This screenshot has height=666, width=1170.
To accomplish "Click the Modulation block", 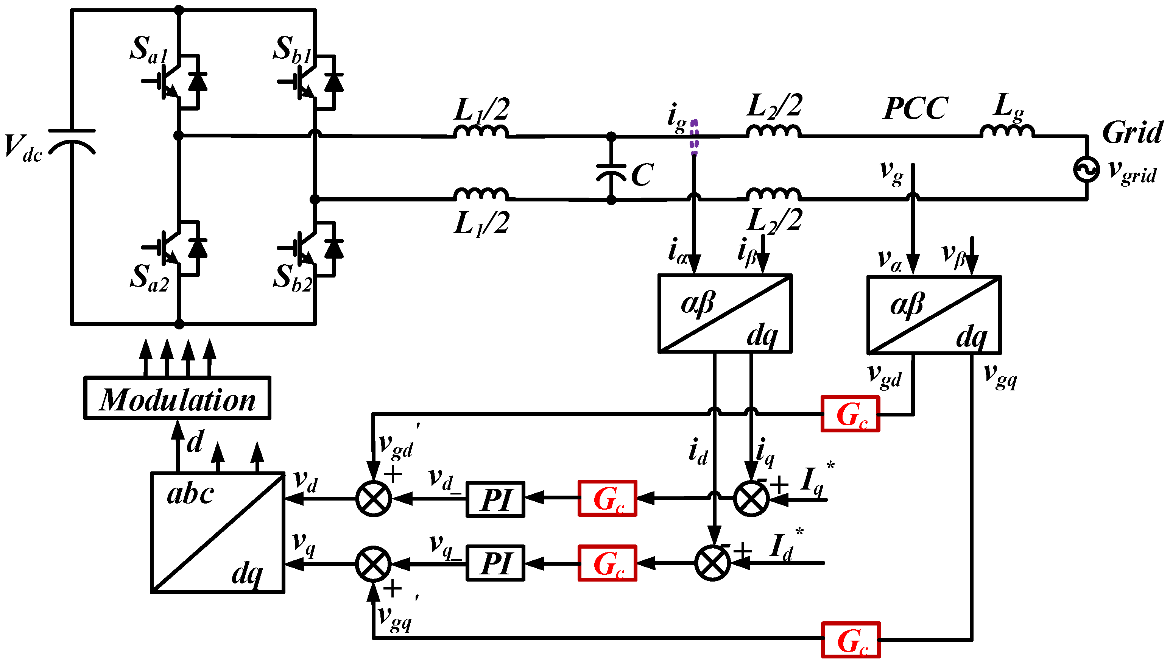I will click(178, 398).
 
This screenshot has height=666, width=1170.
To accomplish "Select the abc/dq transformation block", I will click(218, 532).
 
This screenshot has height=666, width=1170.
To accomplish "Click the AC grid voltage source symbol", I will click(1086, 170).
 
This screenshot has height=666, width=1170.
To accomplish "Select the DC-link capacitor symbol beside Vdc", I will click(72, 142).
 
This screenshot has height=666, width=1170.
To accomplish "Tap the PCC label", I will click(915, 109).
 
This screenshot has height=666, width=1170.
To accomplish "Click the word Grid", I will click(1132, 133).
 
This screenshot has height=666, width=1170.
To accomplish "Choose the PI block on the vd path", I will click(495, 499).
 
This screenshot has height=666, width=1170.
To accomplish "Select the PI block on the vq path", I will click(495, 563).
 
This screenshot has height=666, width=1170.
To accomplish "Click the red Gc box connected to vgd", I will click(851, 414).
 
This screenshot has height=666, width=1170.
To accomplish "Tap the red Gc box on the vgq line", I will click(851, 639).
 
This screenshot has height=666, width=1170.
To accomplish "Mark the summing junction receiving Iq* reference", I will click(751, 499).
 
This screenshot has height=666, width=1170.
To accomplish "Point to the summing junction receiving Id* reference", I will click(712, 563).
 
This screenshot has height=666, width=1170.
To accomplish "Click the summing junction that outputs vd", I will click(374, 499).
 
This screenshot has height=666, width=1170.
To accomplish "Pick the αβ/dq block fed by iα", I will click(725, 314).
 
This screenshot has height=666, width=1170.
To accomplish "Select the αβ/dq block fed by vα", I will click(934, 315).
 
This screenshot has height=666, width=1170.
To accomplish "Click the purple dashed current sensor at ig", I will click(694, 137).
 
